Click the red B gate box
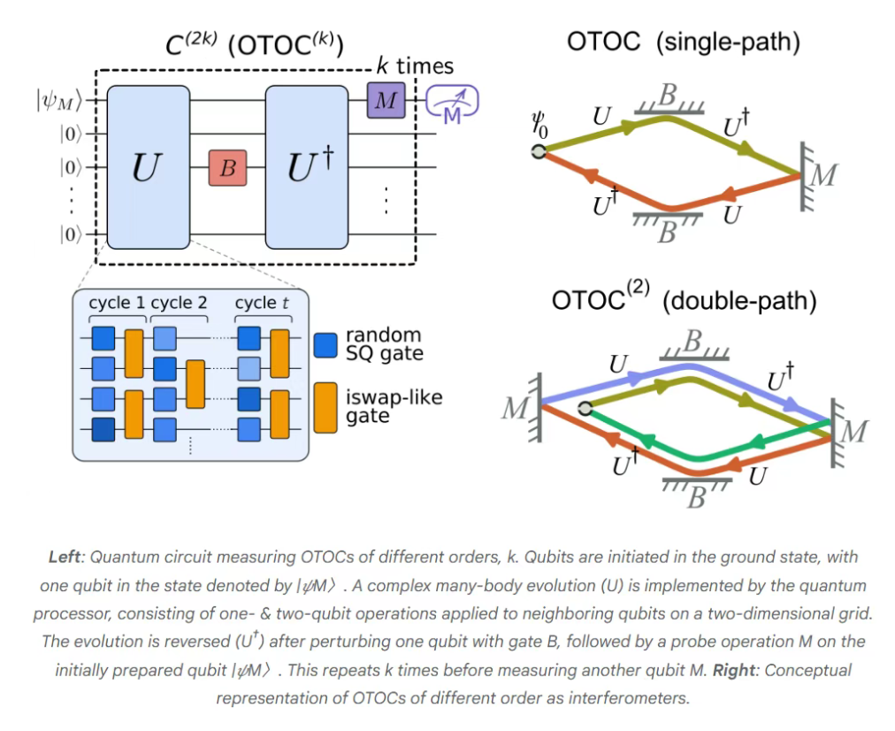click(x=227, y=168)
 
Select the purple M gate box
click(x=386, y=101)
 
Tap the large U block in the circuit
click(x=149, y=167)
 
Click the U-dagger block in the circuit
click(x=309, y=167)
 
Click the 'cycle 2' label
click(x=180, y=303)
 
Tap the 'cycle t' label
click(x=261, y=303)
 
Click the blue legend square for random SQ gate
click(x=325, y=344)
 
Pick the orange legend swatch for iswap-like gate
click(x=325, y=406)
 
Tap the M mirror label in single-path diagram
click(x=823, y=176)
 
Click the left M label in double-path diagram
click(x=514, y=409)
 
